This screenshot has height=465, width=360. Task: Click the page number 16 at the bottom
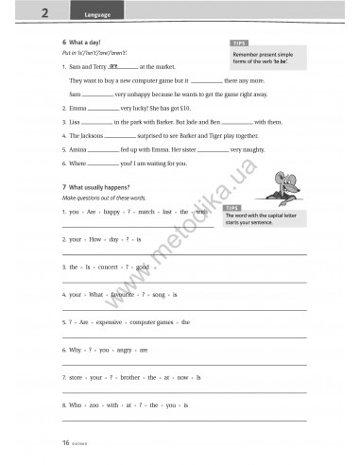[65, 441]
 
